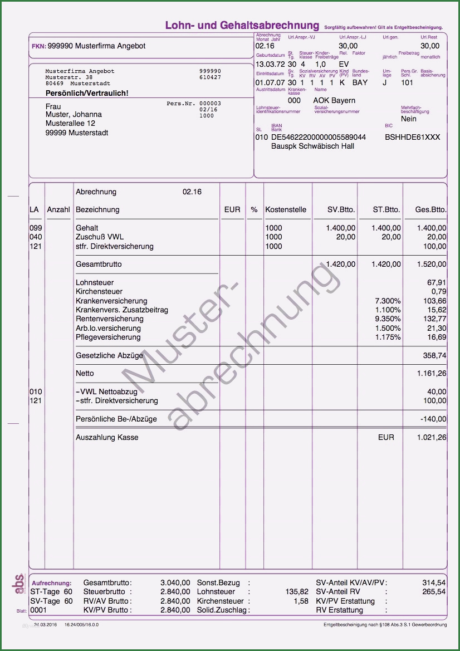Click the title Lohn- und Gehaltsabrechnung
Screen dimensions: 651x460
click(x=242, y=26)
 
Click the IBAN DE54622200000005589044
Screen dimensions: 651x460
click(x=319, y=137)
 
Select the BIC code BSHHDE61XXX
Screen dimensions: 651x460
click(x=413, y=137)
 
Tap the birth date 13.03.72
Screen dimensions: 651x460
click(x=270, y=65)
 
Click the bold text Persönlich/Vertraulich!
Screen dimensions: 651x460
click(x=87, y=93)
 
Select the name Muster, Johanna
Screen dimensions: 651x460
click(x=74, y=115)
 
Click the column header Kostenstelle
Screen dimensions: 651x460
click(x=286, y=210)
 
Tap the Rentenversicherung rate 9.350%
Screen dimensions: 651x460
click(x=388, y=319)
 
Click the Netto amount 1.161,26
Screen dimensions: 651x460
click(x=432, y=374)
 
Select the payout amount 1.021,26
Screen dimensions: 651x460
click(x=432, y=438)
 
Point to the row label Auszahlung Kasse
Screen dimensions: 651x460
click(x=107, y=438)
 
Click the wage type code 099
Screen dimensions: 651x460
click(x=36, y=228)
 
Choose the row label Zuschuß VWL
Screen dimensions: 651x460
click(x=100, y=237)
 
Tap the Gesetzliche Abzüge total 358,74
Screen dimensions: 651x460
click(x=434, y=355)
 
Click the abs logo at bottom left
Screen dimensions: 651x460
click(x=18, y=584)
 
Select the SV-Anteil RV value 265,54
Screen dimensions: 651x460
click(x=434, y=592)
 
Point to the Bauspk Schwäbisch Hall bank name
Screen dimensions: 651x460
click(x=312, y=146)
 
